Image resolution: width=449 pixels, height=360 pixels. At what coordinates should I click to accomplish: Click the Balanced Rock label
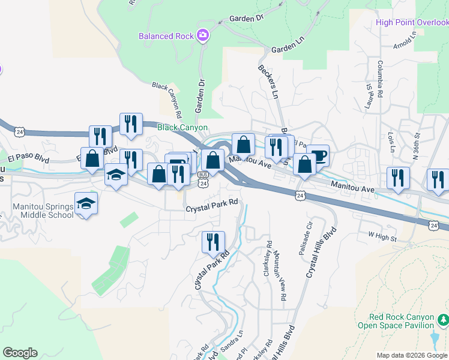[166, 36]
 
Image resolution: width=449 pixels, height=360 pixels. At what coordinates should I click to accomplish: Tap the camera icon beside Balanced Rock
[203, 35]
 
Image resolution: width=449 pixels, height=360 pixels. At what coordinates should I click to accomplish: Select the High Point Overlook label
[412, 23]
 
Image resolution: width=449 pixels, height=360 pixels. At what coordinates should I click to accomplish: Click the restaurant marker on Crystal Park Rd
[213, 242]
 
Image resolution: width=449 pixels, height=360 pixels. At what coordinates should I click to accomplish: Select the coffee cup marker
[319, 155]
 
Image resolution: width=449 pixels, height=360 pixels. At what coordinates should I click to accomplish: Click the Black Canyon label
[182, 127]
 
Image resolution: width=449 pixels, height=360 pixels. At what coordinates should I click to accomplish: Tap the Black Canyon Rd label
[167, 100]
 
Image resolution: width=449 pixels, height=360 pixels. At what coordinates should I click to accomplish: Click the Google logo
[20, 353]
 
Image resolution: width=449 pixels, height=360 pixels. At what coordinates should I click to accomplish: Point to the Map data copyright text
[412, 355]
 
